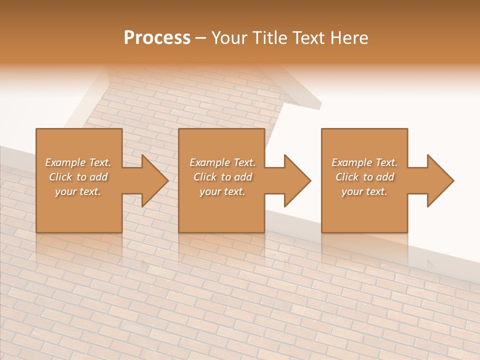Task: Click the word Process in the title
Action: pos(157,38)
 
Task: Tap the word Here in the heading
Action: pos(349,38)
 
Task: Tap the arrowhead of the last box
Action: pos(439,180)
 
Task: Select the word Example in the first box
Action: pos(65,162)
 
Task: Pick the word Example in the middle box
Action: pos(209,162)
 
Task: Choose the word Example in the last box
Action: pos(351,162)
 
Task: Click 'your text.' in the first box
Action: pos(78,192)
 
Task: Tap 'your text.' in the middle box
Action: pos(222,192)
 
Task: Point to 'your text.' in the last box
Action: pos(364,192)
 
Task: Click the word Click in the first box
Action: pos(60,177)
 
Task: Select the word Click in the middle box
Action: pos(205,177)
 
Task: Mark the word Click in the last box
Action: pos(347,177)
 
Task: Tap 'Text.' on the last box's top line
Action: pos(386,162)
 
